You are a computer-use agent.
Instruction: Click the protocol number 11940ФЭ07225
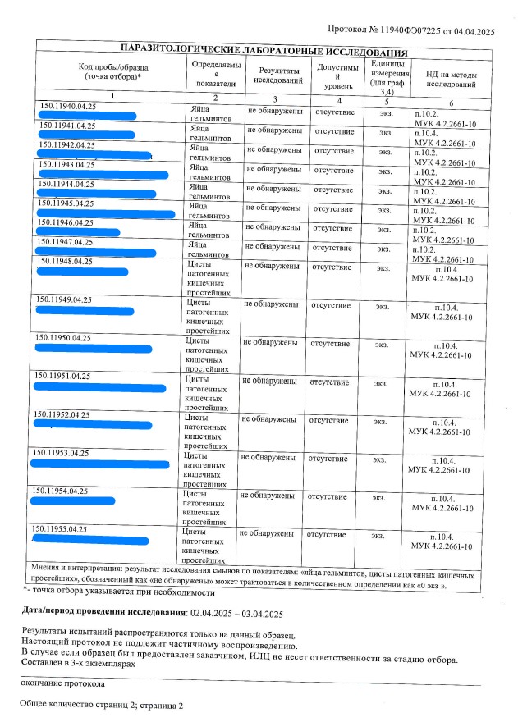point(409,30)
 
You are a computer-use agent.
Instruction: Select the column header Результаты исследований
point(278,76)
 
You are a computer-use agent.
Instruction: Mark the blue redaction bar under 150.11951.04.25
point(99,387)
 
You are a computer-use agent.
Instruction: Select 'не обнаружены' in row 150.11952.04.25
point(268,420)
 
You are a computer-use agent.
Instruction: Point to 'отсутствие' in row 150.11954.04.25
point(328,496)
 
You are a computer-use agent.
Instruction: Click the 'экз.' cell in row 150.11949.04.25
point(383,307)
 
